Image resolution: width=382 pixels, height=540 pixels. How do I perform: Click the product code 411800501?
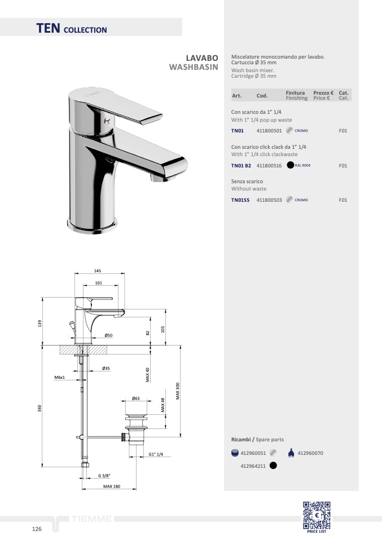[269, 131]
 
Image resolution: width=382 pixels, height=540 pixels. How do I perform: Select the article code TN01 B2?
[241, 166]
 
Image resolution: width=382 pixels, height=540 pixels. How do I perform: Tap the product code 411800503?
[269, 200]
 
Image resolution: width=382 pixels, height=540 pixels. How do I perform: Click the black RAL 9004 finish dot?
[290, 165]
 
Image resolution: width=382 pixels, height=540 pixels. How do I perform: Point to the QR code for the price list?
[317, 515]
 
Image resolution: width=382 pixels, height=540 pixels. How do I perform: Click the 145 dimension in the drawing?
[98, 271]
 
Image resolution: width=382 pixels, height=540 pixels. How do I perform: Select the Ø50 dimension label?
[108, 335]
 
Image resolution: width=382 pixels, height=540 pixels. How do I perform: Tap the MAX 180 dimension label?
[112, 486]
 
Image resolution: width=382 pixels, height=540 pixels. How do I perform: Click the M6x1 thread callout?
[59, 378]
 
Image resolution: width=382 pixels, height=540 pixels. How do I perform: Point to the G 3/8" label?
[104, 476]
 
